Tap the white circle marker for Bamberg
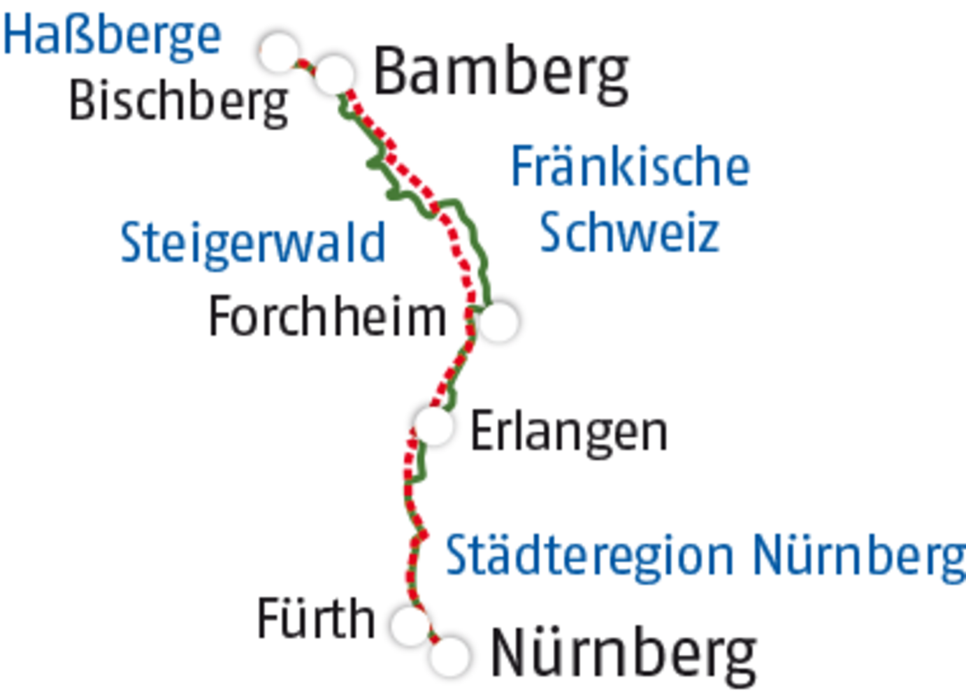pyautogui.click(x=334, y=73)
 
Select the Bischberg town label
pyautogui.click(x=178, y=102)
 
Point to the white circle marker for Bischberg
pyautogui.click(x=279, y=51)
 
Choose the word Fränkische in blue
pyautogui.click(x=630, y=166)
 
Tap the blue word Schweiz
pyautogui.click(x=628, y=232)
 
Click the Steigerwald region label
pyautogui.click(x=252, y=243)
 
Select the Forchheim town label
pyautogui.click(x=327, y=317)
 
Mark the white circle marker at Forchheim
pyautogui.click(x=498, y=321)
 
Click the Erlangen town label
pyautogui.click(x=568, y=431)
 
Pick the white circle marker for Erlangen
pyautogui.click(x=433, y=424)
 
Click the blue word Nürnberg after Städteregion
pyautogui.click(x=858, y=556)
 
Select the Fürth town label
pyautogui.click(x=316, y=619)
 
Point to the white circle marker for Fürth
pyautogui.click(x=411, y=624)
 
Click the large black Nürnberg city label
pyautogui.click(x=623, y=655)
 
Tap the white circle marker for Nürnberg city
pyautogui.click(x=449, y=656)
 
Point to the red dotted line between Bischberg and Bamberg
pyautogui.click(x=305, y=65)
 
